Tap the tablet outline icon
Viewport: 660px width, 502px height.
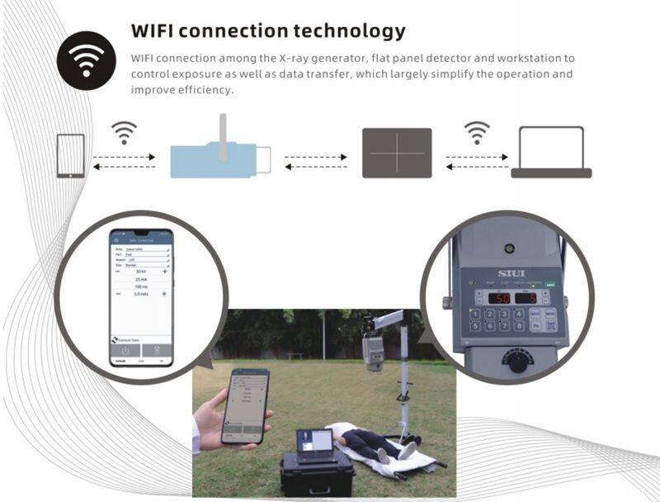(70, 155)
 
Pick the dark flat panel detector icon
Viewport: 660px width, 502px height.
(397, 153)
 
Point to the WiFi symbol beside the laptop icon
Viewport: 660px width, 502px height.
(476, 132)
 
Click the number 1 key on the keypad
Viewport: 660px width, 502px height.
(476, 313)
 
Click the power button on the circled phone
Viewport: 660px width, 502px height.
(124, 349)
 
